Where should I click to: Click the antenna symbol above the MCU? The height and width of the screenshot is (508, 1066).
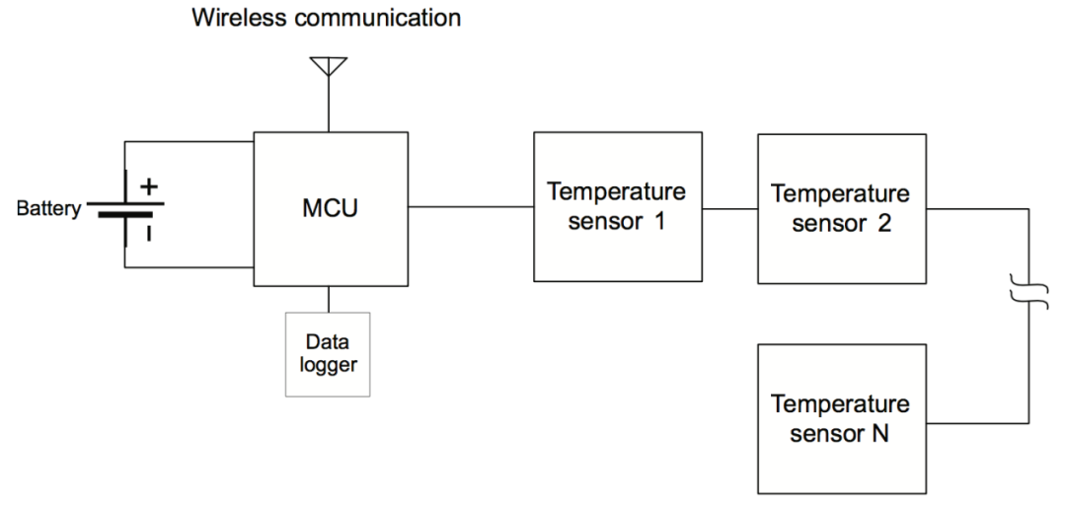tap(329, 66)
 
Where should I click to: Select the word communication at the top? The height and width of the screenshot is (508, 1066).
tap(377, 17)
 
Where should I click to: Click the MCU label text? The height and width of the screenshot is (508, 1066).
tap(330, 208)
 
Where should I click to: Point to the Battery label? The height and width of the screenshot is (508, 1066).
tap(48, 208)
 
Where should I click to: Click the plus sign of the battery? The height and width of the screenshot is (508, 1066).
tap(149, 184)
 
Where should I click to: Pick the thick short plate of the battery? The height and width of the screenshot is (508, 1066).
tap(125, 215)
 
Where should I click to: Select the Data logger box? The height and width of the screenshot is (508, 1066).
tap(328, 354)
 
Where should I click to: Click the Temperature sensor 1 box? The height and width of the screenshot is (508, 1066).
tap(617, 206)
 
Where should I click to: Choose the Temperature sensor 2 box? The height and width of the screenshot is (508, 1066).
tap(842, 208)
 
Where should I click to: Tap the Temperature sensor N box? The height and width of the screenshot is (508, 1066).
tap(842, 419)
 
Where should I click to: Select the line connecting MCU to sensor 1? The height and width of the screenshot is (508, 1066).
tap(471, 206)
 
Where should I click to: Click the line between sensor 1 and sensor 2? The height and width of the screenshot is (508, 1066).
tap(729, 208)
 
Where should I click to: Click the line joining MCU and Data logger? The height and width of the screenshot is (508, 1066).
tap(329, 299)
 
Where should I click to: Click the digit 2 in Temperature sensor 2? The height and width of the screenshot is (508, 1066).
tap(883, 224)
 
